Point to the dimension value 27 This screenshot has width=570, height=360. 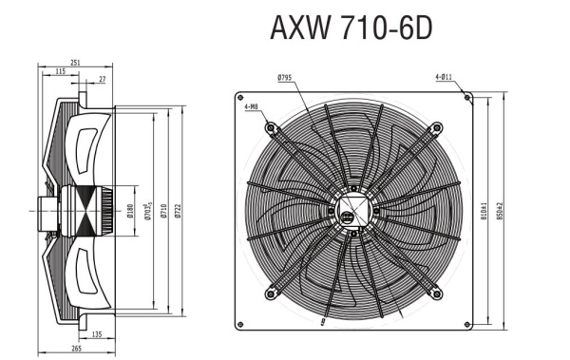(x=103, y=81)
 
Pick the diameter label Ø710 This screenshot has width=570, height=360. (x=163, y=213)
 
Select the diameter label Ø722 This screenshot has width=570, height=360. (x=180, y=213)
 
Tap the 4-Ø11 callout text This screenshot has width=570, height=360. (x=444, y=76)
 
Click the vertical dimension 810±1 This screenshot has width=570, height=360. (x=484, y=211)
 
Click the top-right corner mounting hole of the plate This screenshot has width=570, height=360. (x=465, y=96)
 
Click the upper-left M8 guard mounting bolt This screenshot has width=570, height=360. (x=272, y=127)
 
